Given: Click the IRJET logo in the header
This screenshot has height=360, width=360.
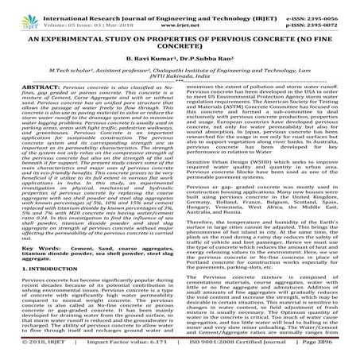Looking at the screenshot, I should pyautogui.click(x=18, y=10).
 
